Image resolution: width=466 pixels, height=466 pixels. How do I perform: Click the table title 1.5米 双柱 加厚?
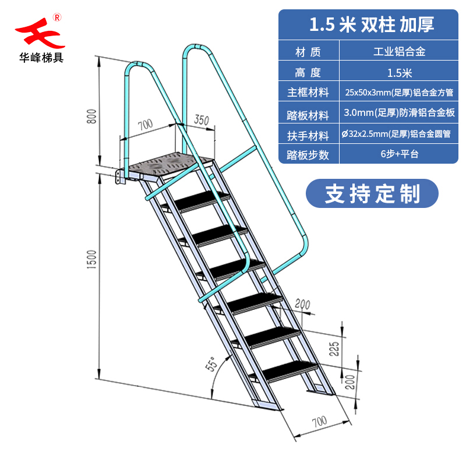tap(371, 24)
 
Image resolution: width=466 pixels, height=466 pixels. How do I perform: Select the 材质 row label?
tap(308, 52)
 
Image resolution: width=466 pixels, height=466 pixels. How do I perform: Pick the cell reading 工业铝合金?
tap(399, 52)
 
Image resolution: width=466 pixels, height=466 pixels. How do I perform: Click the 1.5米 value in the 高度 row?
tap(399, 73)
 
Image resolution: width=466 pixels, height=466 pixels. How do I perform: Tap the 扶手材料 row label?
tap(308, 135)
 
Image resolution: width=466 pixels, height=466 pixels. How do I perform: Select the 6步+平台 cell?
tap(399, 155)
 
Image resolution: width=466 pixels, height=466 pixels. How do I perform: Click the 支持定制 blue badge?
tap(372, 193)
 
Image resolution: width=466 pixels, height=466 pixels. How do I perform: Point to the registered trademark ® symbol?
tap(57, 17)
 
